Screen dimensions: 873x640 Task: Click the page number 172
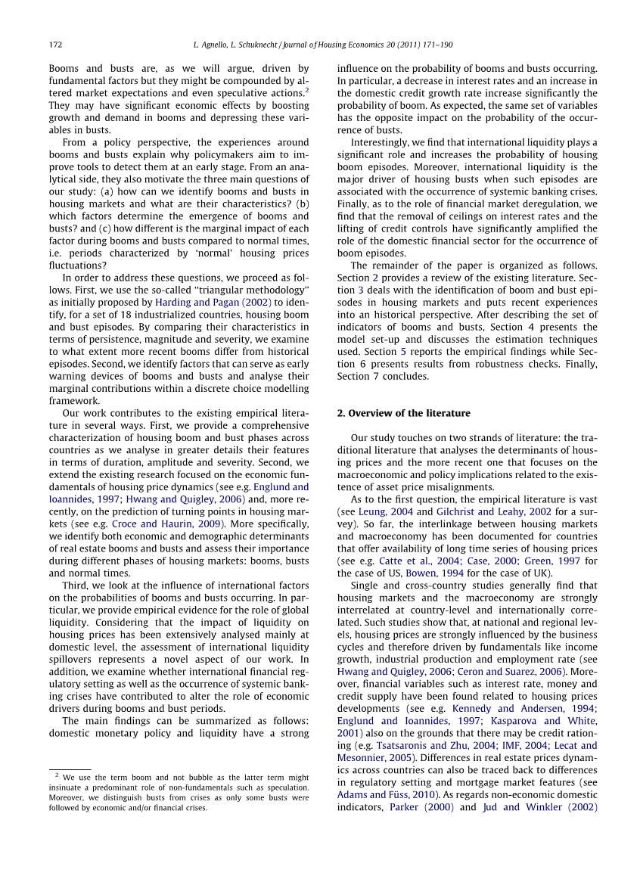tap(55, 45)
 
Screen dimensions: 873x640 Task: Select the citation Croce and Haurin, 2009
tap(166, 523)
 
